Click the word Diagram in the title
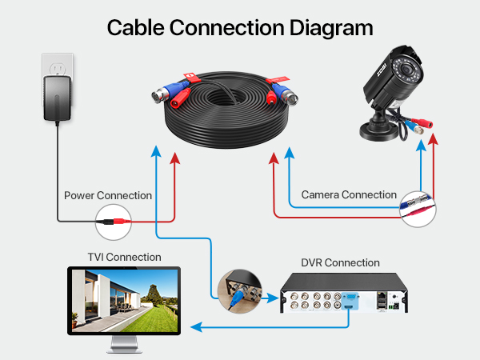coord(331,28)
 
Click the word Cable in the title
coord(136,27)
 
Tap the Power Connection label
coord(108,195)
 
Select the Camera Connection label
coord(349,194)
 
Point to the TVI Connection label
coord(124,257)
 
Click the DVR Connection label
coord(340,262)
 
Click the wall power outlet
coord(58,66)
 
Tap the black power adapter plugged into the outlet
coord(58,98)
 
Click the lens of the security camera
coord(407,70)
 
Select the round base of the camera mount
coord(379,132)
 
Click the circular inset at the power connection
coord(114,222)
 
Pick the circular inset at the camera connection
coord(418,209)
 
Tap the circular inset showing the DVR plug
coord(240,291)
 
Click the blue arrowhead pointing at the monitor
coord(197,327)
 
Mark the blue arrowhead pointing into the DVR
coord(273,298)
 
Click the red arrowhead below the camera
coord(433,139)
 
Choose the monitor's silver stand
coord(124,344)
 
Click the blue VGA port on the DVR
coord(350,298)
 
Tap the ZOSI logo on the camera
coord(382,70)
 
